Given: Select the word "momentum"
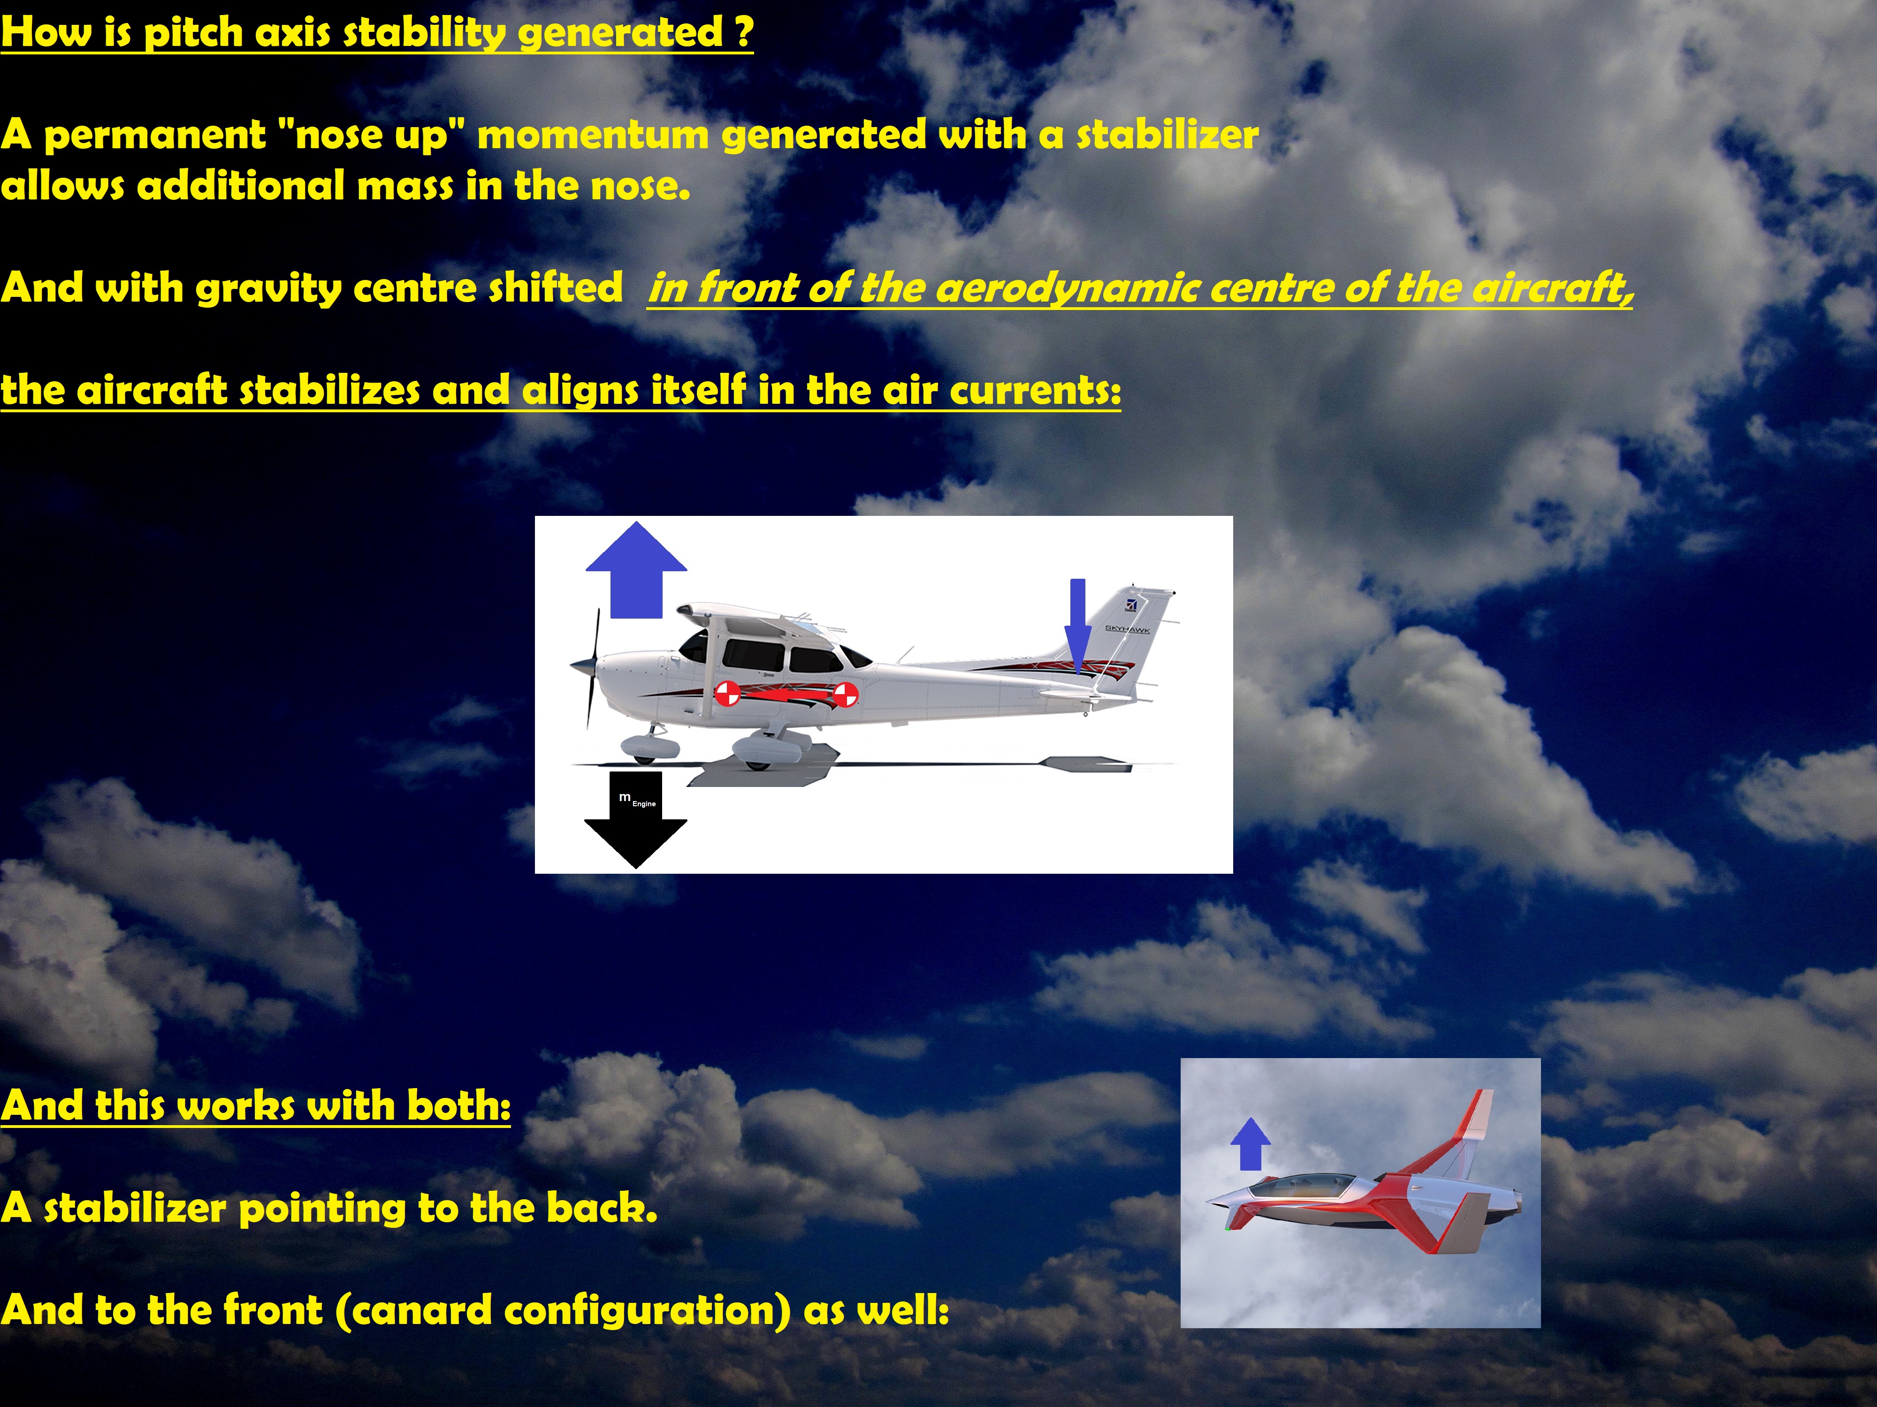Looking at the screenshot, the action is (x=592, y=136).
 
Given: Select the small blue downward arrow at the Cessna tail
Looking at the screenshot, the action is (x=1078, y=627).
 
